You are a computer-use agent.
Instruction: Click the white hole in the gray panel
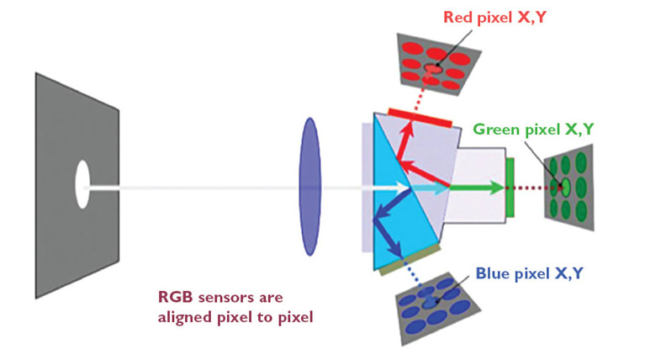pos(82,184)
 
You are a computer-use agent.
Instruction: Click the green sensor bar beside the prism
pos(510,185)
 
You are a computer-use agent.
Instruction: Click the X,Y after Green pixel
pos(578,130)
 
